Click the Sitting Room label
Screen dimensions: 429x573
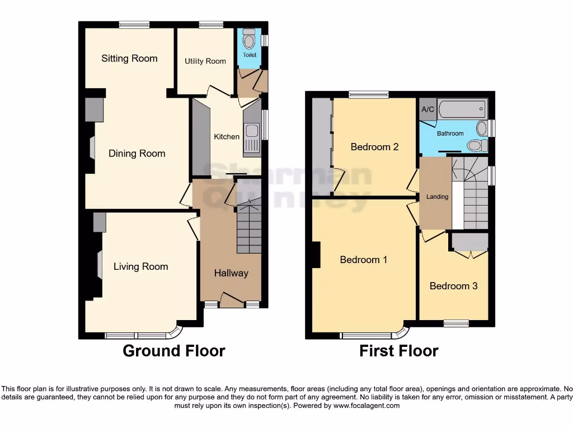pyautogui.click(x=129, y=59)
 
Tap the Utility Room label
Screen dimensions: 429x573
pyautogui.click(x=205, y=61)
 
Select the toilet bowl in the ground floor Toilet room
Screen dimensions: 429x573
pyautogui.click(x=249, y=41)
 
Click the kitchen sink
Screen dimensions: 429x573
pyautogui.click(x=251, y=132)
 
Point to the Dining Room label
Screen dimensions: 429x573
pyautogui.click(x=137, y=154)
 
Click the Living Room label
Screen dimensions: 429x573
pyautogui.click(x=140, y=266)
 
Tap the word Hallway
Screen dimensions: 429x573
pyautogui.click(x=231, y=273)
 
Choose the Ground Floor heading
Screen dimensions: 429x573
pyautogui.click(x=173, y=351)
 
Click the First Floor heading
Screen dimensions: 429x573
pyautogui.click(x=399, y=351)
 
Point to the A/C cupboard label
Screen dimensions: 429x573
pyautogui.click(x=428, y=109)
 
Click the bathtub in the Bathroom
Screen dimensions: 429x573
pyautogui.click(x=463, y=109)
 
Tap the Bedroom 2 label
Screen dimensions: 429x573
pyautogui.click(x=374, y=147)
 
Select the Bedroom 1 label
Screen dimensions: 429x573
pyautogui.click(x=364, y=260)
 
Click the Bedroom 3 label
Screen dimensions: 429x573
pyautogui.click(x=453, y=286)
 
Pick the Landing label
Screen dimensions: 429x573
pyautogui.click(x=437, y=197)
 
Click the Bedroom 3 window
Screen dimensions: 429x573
pyautogui.click(x=456, y=323)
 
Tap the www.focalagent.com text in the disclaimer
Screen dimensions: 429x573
pyautogui.click(x=367, y=406)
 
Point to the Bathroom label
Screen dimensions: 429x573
pyautogui.click(x=450, y=134)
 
